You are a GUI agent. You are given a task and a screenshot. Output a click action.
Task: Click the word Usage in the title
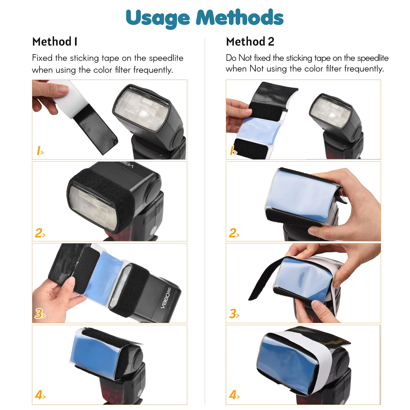point(157,18)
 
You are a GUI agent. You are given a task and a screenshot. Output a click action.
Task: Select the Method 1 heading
point(55,42)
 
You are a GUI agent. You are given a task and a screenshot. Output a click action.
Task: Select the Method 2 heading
point(250,42)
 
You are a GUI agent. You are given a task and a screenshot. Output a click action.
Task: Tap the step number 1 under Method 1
point(39,151)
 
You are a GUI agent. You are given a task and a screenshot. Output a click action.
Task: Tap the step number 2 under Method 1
point(40,233)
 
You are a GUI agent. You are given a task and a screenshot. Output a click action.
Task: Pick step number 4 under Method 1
point(40,395)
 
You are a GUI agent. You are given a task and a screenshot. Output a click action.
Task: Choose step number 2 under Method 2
point(234,233)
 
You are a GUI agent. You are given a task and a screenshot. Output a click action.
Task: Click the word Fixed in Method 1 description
point(42,58)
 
